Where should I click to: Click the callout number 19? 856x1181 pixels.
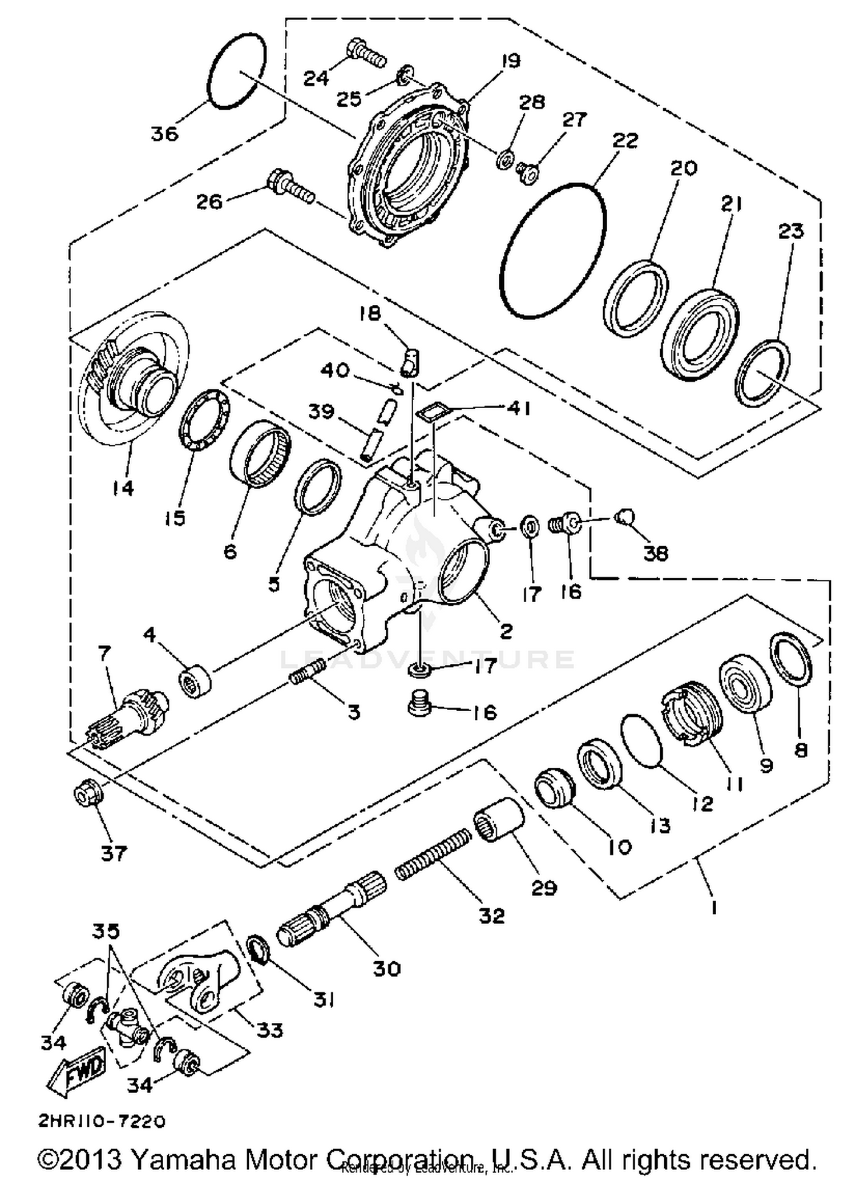pos(511,61)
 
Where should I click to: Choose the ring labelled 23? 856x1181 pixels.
pos(762,373)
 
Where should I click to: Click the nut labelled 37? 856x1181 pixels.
pos(88,794)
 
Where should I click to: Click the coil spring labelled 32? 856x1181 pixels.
pos(434,854)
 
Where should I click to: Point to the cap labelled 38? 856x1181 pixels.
pos(625,517)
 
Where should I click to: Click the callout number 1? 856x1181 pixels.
pos(713,907)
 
